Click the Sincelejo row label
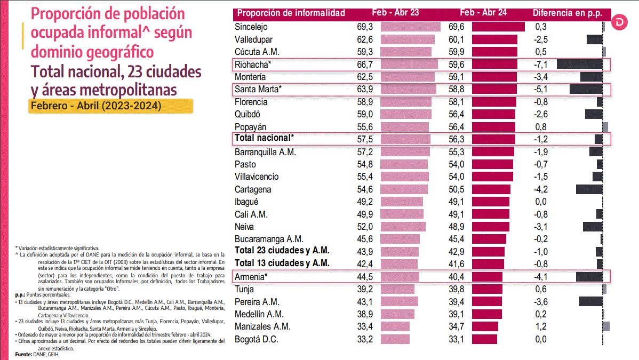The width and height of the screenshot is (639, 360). [251, 27]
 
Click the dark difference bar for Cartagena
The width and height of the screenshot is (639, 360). [589, 189]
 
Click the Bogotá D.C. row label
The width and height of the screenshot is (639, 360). [257, 339]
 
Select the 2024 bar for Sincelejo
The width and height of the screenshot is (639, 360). [498, 27]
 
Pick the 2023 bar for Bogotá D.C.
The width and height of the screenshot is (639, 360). [395, 339]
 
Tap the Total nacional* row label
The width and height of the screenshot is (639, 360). [265, 138]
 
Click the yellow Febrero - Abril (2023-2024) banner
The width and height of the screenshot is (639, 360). [110, 105]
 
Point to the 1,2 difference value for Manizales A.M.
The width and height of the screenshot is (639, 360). [541, 326]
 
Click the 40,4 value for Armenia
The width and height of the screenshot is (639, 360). [456, 276]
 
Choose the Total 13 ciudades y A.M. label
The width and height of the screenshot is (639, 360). [282, 263]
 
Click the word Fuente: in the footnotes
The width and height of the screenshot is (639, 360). [23, 354]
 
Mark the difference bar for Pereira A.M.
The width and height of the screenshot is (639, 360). [591, 301]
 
